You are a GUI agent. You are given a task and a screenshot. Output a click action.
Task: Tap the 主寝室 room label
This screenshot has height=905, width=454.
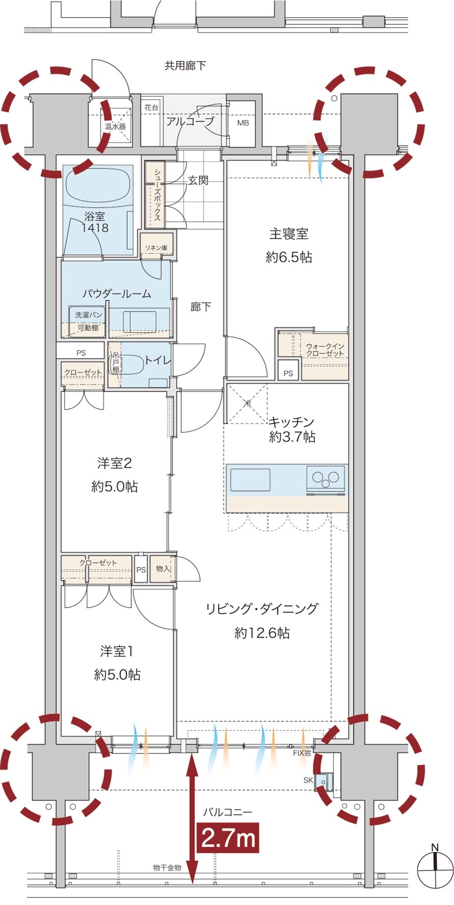[x=289, y=234]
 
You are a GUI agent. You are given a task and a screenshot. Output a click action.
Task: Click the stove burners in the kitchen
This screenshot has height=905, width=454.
[x=326, y=478]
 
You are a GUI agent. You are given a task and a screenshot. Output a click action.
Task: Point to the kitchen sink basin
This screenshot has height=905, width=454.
[x=250, y=480]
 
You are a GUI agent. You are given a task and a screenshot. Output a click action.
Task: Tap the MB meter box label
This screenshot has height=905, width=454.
[x=243, y=123]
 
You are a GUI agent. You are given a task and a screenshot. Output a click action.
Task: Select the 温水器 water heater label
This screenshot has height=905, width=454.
[x=115, y=126]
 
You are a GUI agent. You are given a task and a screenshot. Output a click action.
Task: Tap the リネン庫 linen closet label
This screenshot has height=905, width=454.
[x=156, y=248]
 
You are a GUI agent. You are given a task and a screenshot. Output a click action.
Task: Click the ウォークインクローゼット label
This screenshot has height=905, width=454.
[x=325, y=350]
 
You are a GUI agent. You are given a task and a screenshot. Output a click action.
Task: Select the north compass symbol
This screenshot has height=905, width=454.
[x=435, y=869]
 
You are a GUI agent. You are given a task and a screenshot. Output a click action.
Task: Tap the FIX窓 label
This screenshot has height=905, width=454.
[x=302, y=753]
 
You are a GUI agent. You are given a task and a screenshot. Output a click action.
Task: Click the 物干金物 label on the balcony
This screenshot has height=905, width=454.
[x=167, y=867]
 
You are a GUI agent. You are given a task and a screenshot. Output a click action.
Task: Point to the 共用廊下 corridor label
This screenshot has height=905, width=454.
[x=185, y=65]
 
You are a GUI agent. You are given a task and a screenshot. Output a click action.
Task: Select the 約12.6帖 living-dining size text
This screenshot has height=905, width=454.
[x=262, y=632]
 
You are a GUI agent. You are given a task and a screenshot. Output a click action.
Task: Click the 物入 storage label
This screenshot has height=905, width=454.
[x=163, y=569]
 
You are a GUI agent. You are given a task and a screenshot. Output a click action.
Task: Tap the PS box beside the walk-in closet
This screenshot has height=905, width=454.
[x=288, y=372]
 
